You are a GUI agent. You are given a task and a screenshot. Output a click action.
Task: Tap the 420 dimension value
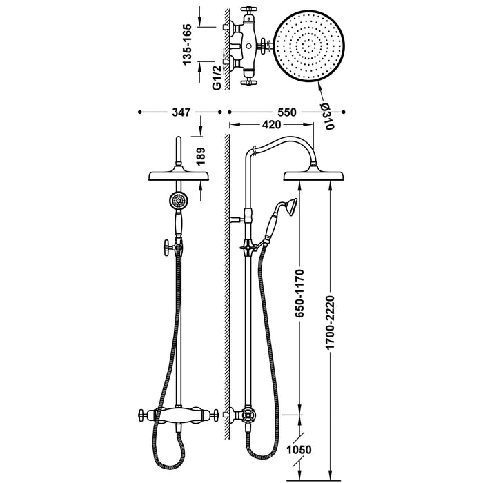271,125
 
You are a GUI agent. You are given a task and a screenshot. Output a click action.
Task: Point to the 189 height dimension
201,156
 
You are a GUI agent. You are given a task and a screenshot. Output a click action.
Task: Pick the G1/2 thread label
216,77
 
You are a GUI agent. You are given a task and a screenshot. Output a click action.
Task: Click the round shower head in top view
307,46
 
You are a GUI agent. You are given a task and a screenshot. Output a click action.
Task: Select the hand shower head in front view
179,201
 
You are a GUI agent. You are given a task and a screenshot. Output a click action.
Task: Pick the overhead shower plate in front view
179,175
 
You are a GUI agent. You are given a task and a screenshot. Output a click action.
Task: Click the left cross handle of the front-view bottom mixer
143,416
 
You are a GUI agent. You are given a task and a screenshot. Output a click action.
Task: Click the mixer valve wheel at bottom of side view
247,417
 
